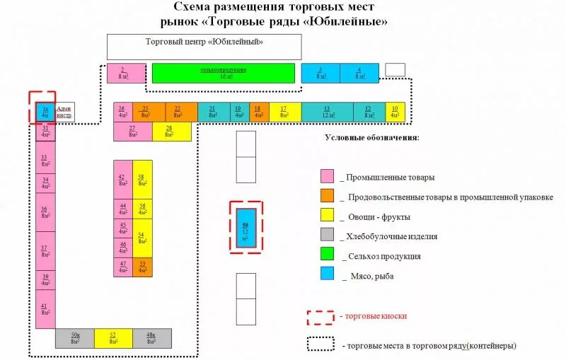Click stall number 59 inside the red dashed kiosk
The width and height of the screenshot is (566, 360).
point(246,226)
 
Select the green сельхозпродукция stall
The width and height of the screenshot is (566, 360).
point(223,73)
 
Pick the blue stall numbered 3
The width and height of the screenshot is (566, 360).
point(320,73)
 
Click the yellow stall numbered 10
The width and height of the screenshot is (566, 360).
point(395,112)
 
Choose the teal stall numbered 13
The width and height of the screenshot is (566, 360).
point(327,112)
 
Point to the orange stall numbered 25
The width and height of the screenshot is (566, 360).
point(146,112)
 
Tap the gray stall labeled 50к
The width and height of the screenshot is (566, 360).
point(74,338)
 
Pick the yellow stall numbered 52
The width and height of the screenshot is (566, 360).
point(112,338)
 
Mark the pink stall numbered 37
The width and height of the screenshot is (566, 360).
point(45,251)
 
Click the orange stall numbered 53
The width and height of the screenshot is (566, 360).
point(142,267)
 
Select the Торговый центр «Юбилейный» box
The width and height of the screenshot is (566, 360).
point(204,46)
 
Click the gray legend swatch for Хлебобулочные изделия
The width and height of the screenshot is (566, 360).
point(328,236)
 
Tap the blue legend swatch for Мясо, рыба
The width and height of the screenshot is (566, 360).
point(328,276)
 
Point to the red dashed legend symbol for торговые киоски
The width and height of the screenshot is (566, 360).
point(320,316)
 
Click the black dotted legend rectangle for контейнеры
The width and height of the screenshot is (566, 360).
point(320,344)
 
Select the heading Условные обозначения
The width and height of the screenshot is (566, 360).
point(371,137)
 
